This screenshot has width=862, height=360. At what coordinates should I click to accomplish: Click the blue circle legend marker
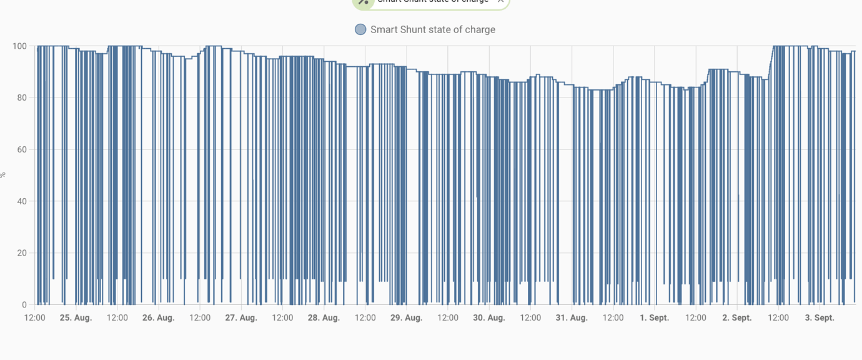click(x=360, y=29)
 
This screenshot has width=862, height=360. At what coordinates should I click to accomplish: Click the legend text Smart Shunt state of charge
click(x=433, y=29)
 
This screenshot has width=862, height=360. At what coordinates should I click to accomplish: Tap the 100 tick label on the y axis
click(x=19, y=46)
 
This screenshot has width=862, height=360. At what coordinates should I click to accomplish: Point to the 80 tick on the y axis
click(x=21, y=98)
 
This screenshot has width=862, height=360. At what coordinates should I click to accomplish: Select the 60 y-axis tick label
click(x=21, y=150)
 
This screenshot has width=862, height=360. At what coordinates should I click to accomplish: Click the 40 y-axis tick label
click(x=21, y=201)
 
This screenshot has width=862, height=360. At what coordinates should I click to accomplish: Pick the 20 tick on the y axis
click(x=21, y=253)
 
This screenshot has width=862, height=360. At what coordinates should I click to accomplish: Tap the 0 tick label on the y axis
click(x=24, y=305)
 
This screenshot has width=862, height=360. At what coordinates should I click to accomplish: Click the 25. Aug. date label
click(x=76, y=317)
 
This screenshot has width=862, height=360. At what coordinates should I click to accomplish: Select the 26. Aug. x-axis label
click(x=158, y=317)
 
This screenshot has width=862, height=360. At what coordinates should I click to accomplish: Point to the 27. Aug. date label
click(x=241, y=317)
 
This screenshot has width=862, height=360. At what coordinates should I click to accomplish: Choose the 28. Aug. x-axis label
click(x=324, y=317)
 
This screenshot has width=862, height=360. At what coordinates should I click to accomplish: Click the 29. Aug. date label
click(x=406, y=317)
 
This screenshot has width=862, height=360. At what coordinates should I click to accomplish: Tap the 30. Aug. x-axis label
click(x=489, y=317)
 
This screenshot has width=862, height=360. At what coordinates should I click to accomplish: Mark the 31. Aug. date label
click(x=572, y=317)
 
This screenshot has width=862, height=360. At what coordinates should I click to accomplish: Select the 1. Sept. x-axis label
click(x=654, y=317)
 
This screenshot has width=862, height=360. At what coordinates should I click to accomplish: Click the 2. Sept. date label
click(x=737, y=317)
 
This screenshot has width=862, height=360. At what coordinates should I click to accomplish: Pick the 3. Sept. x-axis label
click(x=820, y=317)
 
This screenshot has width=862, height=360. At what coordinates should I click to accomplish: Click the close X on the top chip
click(x=500, y=1)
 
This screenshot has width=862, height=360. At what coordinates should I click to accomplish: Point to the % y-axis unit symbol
click(x=2, y=176)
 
